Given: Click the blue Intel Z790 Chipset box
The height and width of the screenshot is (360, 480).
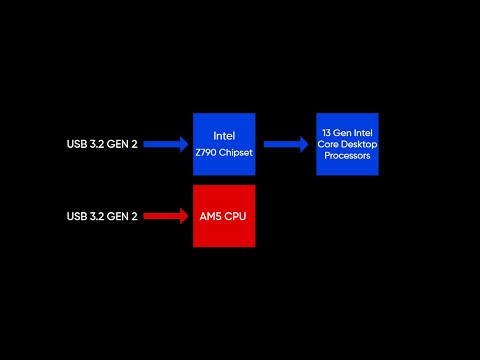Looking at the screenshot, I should pos(224,144).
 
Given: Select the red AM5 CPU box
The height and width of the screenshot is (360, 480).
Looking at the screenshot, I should pos(224,215).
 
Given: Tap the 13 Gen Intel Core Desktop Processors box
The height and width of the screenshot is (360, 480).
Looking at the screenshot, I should pos(347,144).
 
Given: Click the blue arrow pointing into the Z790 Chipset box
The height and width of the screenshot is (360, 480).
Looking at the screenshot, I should pos(167,144).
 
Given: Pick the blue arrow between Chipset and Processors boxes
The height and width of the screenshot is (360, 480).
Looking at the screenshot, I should pos(287,144).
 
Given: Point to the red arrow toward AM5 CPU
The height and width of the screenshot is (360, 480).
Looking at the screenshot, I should pos(167,215).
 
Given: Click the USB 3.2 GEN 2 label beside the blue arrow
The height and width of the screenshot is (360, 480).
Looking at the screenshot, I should pos(102,145).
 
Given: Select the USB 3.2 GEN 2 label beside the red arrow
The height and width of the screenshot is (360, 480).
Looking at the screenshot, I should pos(102,216).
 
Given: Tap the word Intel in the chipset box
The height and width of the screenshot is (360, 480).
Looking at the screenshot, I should pos(224,135).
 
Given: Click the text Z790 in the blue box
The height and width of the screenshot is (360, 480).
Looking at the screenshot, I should pos(209,153).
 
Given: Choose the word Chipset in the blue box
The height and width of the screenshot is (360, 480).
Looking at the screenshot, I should pos(234,153).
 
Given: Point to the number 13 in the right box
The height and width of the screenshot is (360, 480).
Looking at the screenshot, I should pos(326,133).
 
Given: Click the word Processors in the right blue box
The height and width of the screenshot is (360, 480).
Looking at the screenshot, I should pos(347,156).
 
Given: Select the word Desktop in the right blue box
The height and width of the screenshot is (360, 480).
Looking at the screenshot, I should pos(358,145).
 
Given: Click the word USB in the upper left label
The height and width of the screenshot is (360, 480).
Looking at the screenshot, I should pos(78,145).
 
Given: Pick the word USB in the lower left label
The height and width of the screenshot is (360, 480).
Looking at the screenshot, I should pos(78,216).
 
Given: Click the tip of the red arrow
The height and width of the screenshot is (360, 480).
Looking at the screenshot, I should pos(189,215).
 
